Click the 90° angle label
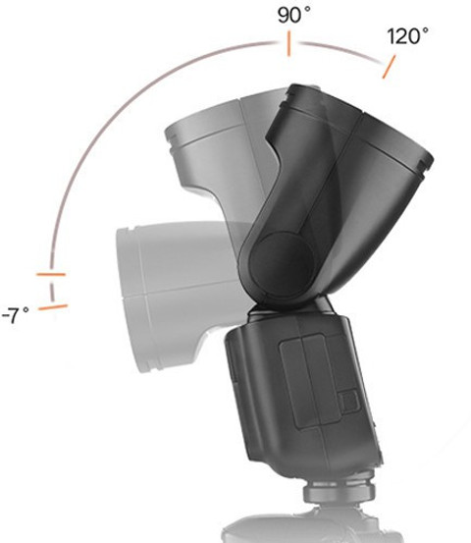[x=293, y=16]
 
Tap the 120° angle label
[x=407, y=36]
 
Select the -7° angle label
[x=16, y=315]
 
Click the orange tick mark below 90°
[x=288, y=43]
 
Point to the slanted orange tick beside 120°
[x=389, y=67]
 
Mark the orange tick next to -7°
[x=53, y=307]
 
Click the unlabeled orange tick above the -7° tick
[x=51, y=275]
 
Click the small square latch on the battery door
[x=348, y=402]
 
